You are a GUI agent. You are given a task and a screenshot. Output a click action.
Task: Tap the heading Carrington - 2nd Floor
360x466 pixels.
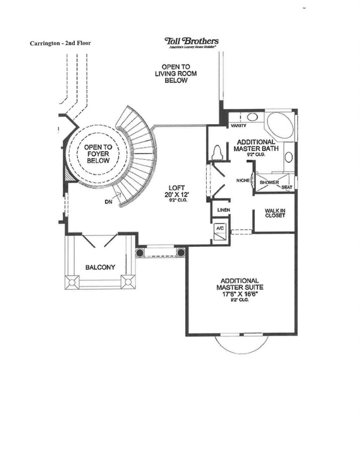pos(60,43)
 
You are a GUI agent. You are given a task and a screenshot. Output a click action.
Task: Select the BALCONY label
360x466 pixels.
pos(100,267)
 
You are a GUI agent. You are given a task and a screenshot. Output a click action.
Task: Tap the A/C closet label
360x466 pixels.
pos(220,228)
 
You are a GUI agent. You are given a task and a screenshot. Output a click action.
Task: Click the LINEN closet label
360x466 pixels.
pos(224,210)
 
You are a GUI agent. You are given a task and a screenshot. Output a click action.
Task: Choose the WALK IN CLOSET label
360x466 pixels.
pos(275,213)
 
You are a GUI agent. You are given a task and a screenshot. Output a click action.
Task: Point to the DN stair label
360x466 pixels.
pos(108,202)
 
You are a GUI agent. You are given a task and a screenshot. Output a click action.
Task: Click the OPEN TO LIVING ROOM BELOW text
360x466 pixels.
pos(176,73)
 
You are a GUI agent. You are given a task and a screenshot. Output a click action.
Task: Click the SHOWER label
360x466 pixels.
pos(269,183)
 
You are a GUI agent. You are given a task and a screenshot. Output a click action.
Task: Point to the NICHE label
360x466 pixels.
pos(243,180)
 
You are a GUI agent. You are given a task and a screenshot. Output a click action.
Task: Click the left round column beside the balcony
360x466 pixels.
pos(140,252)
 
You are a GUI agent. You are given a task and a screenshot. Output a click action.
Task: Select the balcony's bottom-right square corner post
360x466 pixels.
pos(128,281)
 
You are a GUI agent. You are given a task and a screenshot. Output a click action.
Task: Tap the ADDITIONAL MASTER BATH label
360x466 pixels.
pos(256,145)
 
